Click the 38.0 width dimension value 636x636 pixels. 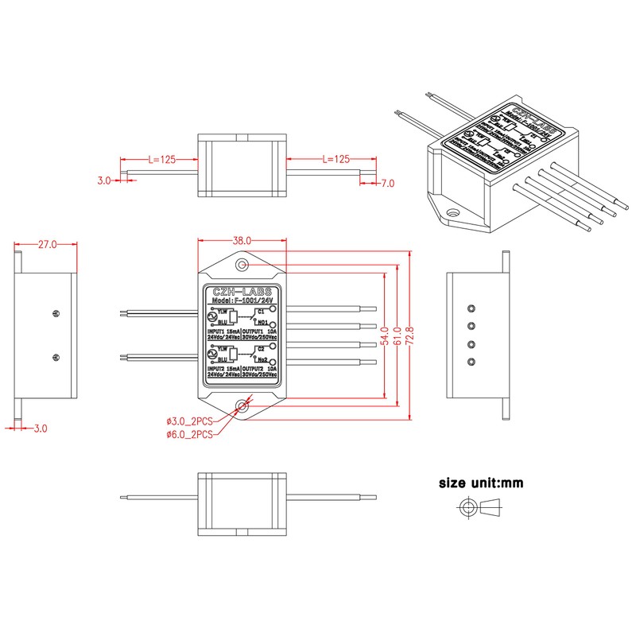coord(242,240)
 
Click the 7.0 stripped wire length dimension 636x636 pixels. coord(388,184)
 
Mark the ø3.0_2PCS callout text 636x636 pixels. coord(189,420)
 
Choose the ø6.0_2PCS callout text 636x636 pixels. coord(189,434)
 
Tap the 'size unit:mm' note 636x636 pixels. coord(480,483)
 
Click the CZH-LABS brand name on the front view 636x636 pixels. coord(242,291)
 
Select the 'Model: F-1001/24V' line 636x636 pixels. coord(242,301)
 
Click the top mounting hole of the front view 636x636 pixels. coord(242,263)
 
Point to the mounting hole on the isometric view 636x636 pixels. coord(454,213)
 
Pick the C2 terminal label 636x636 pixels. coord(260,349)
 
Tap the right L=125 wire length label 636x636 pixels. coord(337,159)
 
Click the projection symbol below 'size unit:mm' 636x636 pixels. coord(480,506)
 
